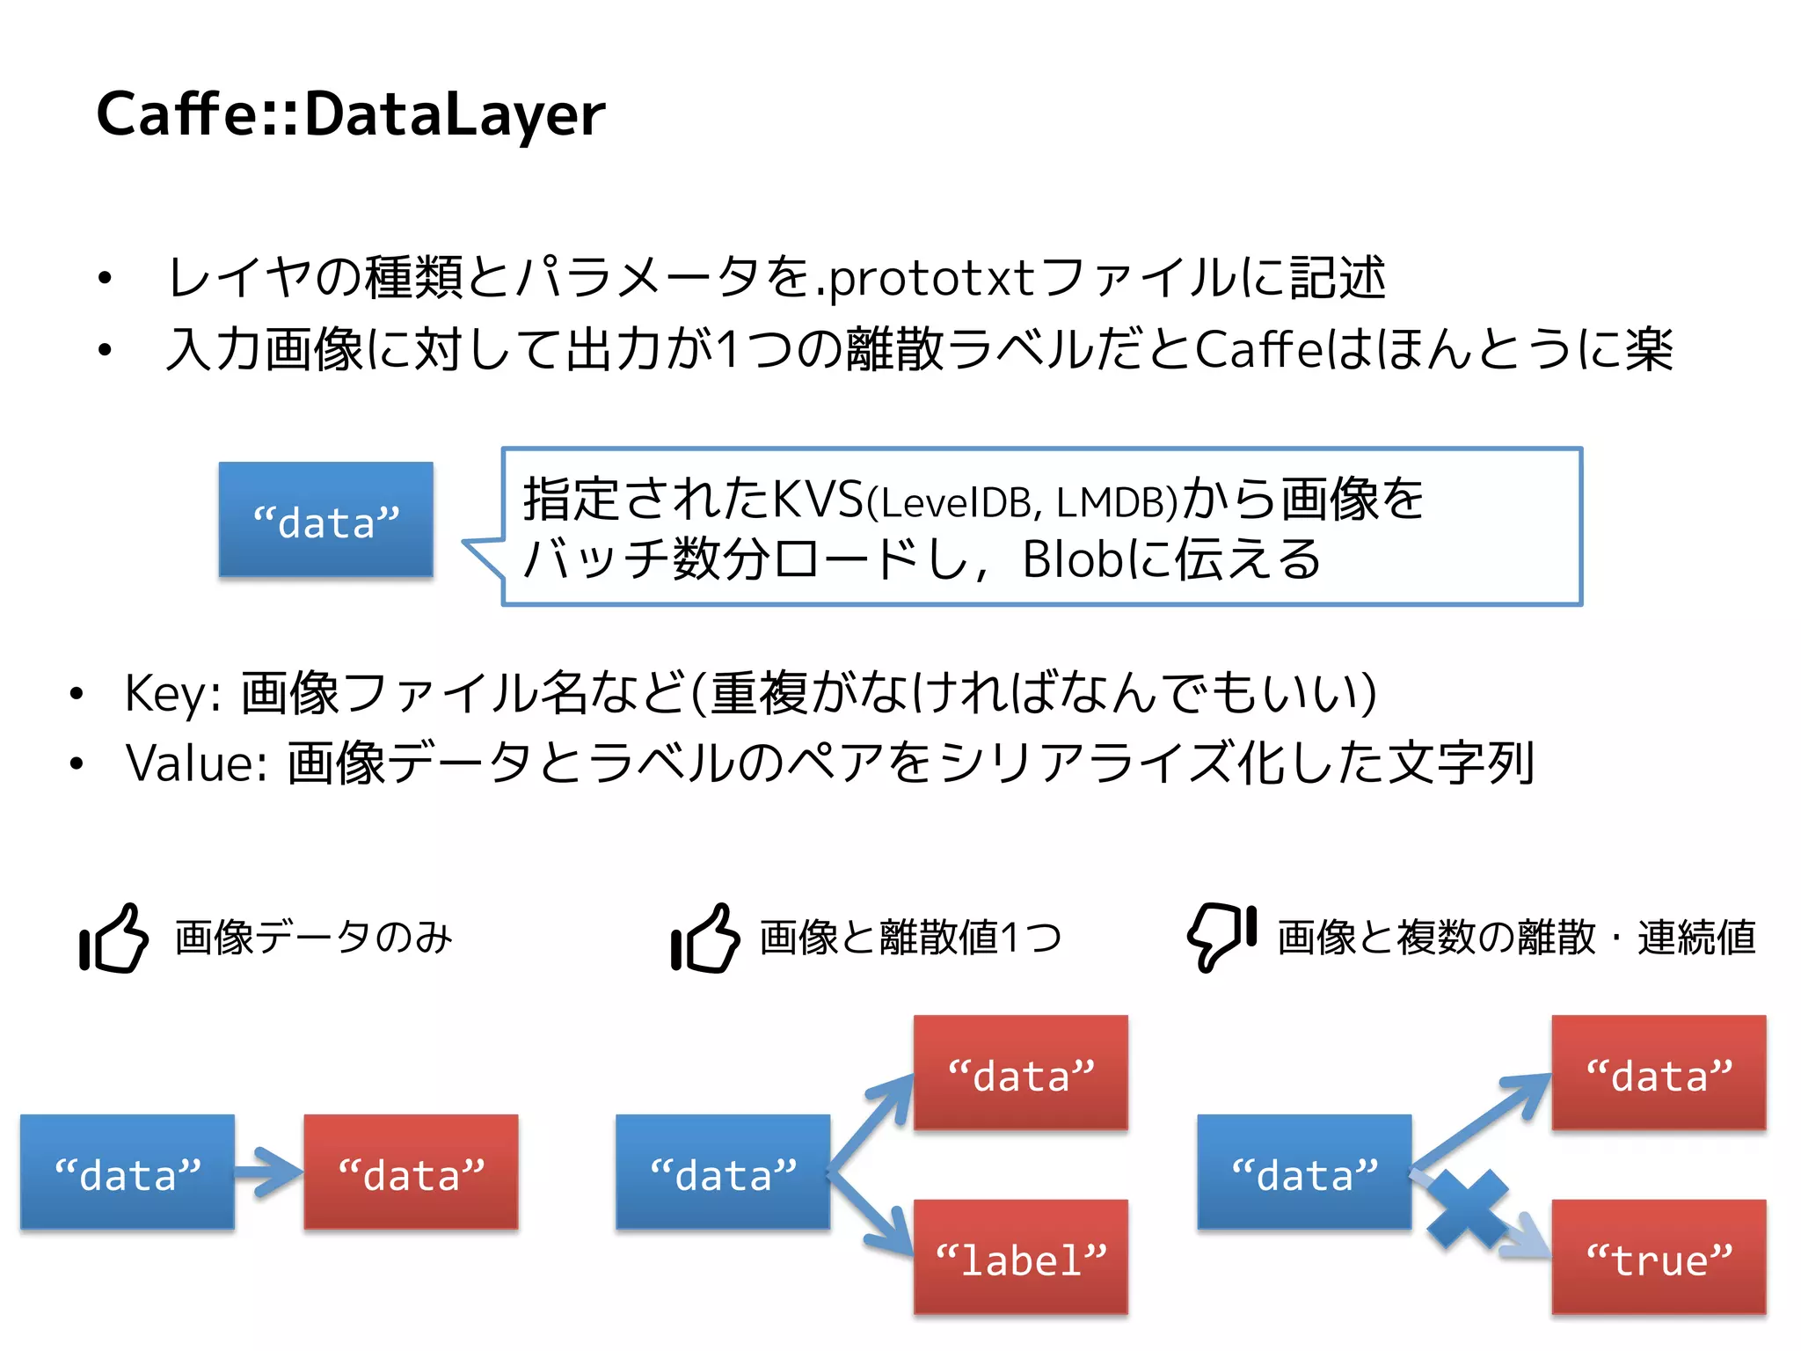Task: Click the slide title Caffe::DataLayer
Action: pyautogui.click(x=350, y=114)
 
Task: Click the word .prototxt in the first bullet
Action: pyautogui.click(x=930, y=279)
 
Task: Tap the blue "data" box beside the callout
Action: pyautogui.click(x=325, y=520)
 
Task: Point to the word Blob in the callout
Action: pyautogui.click(x=1072, y=559)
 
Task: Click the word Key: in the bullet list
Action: pyautogui.click(x=172, y=693)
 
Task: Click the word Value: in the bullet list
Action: pyautogui.click(x=196, y=763)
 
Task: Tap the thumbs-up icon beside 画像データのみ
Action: pyautogui.click(x=113, y=938)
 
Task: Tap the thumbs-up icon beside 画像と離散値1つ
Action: pyautogui.click(x=704, y=938)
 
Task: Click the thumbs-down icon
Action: pyautogui.click(x=1221, y=937)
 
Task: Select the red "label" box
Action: pyautogui.click(x=1020, y=1258)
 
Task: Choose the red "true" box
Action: pyautogui.click(x=1659, y=1258)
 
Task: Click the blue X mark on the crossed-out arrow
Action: pyautogui.click(x=1467, y=1210)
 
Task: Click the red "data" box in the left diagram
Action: pyautogui.click(x=411, y=1172)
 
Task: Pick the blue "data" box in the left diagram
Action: pyautogui.click(x=128, y=1172)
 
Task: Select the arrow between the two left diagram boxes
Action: pyautogui.click(x=268, y=1172)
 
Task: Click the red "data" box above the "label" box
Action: pyautogui.click(x=1020, y=1073)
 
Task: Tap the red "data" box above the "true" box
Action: pyautogui.click(x=1659, y=1073)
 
